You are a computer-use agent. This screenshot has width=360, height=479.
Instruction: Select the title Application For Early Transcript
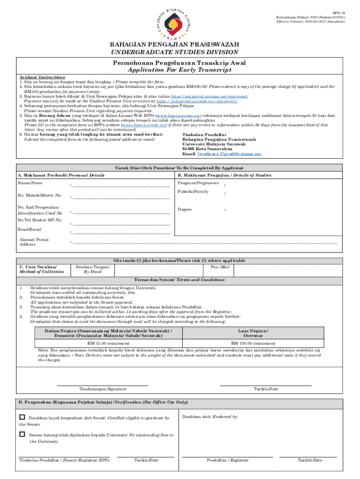point(180,70)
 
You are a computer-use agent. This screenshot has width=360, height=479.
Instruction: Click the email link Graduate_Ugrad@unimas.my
point(229,154)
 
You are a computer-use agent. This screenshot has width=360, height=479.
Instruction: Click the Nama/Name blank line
point(121,186)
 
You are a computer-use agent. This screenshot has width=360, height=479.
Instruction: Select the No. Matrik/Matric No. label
point(39,195)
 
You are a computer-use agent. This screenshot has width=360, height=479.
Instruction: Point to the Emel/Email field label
point(29,229)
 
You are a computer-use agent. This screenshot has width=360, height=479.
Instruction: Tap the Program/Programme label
point(195,182)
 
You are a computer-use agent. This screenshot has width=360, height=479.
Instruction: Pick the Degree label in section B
point(185,210)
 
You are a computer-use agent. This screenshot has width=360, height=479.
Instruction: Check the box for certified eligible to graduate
point(22,417)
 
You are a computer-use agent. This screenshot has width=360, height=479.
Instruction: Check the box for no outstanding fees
point(22,434)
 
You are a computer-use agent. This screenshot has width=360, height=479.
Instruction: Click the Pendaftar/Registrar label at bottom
point(228,460)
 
